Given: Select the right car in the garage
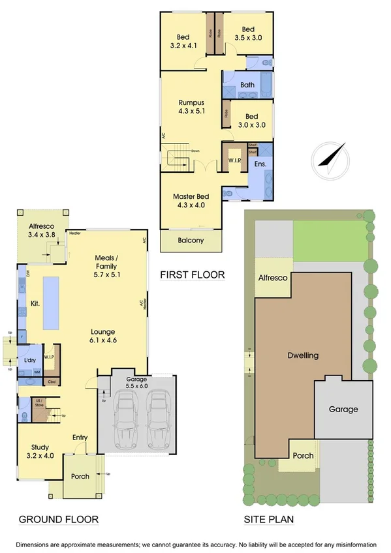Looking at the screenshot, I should (x=157, y=417).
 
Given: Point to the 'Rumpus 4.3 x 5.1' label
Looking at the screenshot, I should (x=191, y=108).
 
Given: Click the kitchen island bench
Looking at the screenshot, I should (x=52, y=303).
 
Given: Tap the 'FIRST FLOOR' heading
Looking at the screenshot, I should (x=193, y=275).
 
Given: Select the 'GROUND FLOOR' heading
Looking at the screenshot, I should (x=58, y=520).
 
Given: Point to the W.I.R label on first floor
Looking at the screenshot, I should (x=235, y=160).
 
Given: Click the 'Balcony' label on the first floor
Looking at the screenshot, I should (x=191, y=240).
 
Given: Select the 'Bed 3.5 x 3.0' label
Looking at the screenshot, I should (x=247, y=34).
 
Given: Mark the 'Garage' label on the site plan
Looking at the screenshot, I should (x=343, y=409).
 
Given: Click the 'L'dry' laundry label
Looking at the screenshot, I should (x=29, y=361).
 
